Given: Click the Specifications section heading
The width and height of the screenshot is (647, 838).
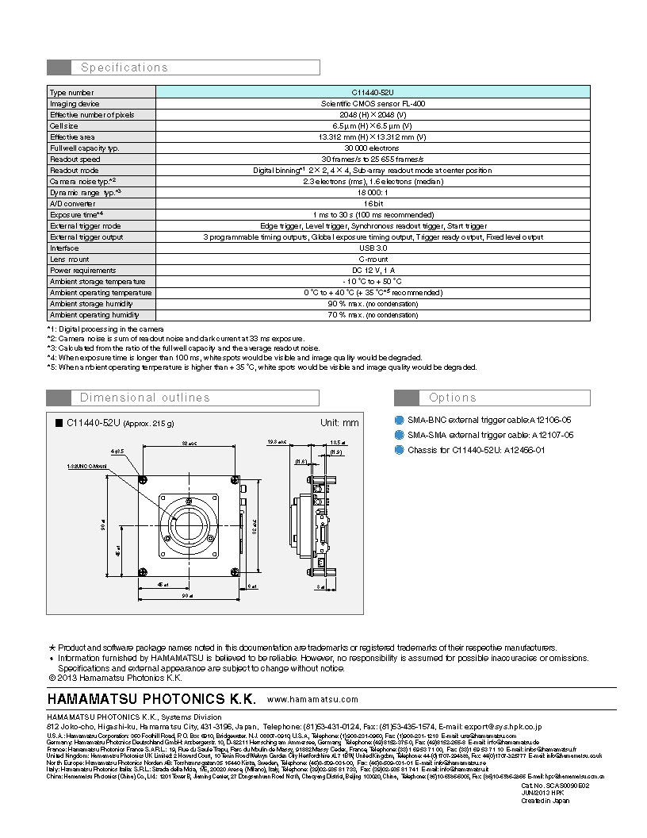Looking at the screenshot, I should tap(124, 67).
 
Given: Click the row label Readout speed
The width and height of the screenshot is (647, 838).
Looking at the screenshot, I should tap(75, 159).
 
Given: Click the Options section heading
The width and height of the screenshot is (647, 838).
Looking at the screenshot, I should tap(453, 398).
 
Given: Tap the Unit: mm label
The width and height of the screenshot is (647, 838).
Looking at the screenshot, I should tap(339, 422).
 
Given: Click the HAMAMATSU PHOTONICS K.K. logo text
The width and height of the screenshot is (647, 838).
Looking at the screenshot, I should tap(151, 699).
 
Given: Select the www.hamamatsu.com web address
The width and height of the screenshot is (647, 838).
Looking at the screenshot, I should tap(313, 699).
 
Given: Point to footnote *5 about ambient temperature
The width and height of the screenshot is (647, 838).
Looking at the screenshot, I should tap(262, 367).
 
